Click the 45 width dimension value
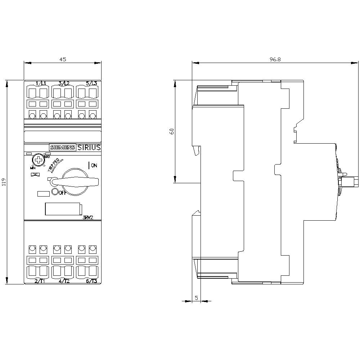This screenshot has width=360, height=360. pyautogui.click(x=63, y=59)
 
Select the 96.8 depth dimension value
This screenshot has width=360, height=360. pyautogui.click(x=275, y=59)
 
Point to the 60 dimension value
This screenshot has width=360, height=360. pyautogui.click(x=172, y=131)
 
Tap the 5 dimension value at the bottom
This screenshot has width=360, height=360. pyautogui.click(x=196, y=298)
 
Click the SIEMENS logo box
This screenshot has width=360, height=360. pyautogui.click(x=62, y=147)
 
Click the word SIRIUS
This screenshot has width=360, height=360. pyautogui.click(x=89, y=147)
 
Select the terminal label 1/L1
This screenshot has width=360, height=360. pyautogui.click(x=41, y=84)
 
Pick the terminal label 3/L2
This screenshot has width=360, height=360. pyautogui.click(x=64, y=84)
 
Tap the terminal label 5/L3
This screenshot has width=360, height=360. pyautogui.click(x=91, y=84)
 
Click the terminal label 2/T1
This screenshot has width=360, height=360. pyautogui.click(x=40, y=281)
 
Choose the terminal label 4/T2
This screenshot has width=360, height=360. pyautogui.click(x=64, y=281)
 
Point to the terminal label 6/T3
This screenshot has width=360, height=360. pyautogui.click(x=91, y=281)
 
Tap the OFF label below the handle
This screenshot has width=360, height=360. pyautogui.click(x=62, y=193)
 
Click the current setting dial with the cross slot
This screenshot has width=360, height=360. pyautogui.click(x=37, y=160)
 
